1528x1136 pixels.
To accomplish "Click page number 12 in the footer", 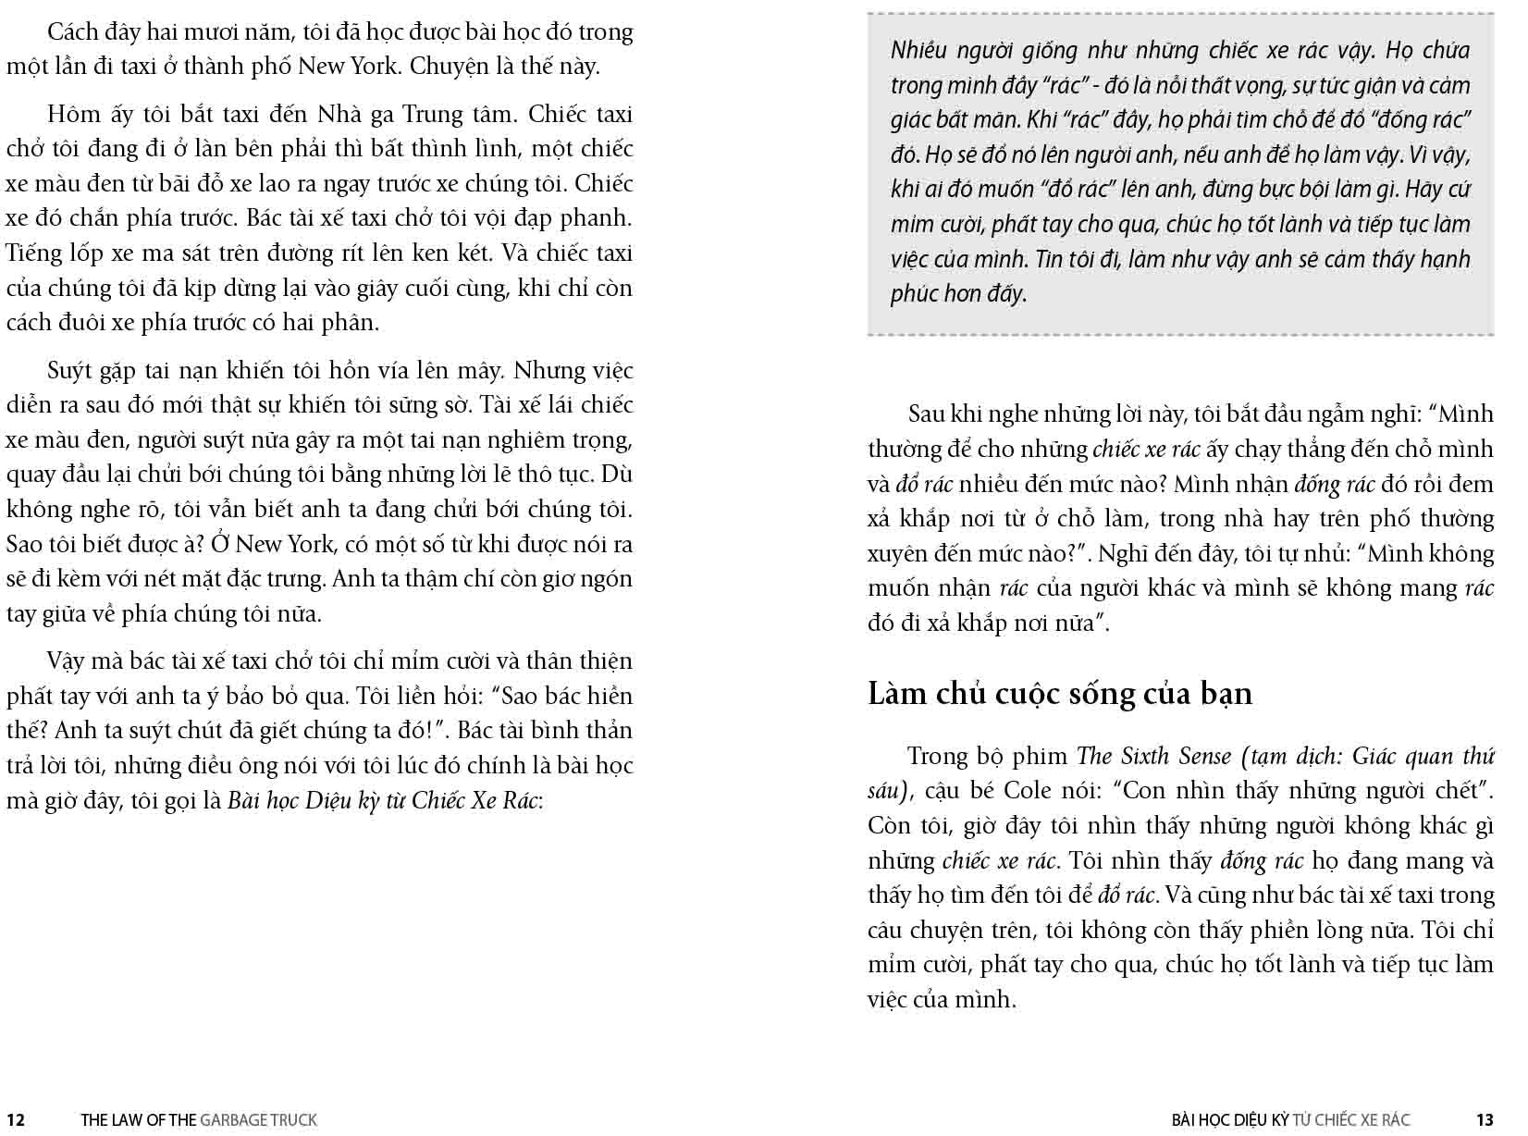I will tap(15, 1120).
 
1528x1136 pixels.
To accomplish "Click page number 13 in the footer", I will tap(1485, 1120).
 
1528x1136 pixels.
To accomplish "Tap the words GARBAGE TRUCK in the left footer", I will tap(258, 1120).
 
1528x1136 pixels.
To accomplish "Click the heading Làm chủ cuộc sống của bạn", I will tap(1060, 693).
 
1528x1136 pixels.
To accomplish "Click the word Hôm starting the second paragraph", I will tap(71, 114).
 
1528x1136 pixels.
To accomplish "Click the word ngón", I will tap(608, 579).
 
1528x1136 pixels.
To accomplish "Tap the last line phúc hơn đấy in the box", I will tap(958, 294).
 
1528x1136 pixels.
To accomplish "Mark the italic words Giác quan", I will tap(1402, 756).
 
